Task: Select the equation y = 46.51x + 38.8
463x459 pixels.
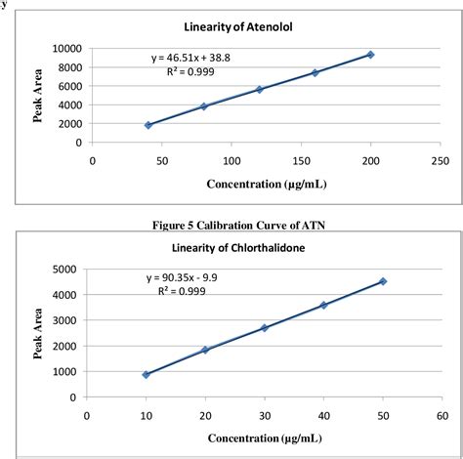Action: click(x=192, y=61)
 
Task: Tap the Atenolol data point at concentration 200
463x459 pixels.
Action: click(x=370, y=55)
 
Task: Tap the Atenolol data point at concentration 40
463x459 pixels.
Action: click(x=147, y=125)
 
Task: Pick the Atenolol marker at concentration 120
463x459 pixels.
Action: click(x=259, y=90)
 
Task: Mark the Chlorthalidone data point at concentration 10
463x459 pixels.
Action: click(x=146, y=374)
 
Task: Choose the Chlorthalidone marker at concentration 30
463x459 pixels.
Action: click(x=265, y=327)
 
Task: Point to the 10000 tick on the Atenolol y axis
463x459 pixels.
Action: click(x=66, y=48)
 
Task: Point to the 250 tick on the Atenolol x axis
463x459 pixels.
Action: click(x=440, y=159)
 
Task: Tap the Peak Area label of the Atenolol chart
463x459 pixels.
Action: click(x=36, y=95)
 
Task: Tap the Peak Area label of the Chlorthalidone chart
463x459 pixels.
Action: click(x=36, y=332)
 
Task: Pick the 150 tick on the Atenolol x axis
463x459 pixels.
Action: click(x=301, y=159)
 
